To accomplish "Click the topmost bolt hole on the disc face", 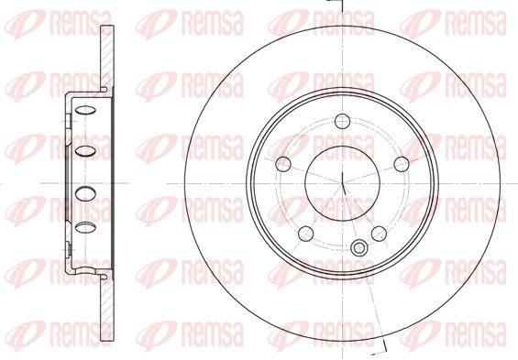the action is (x=342, y=121).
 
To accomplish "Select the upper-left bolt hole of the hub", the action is (x=283, y=164).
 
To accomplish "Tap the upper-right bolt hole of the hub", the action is (x=402, y=164).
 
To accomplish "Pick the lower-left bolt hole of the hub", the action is (x=305, y=234).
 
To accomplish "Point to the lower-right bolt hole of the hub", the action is (x=379, y=234).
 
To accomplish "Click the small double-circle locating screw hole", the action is (x=358, y=247).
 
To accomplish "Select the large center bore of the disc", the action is (x=342, y=183).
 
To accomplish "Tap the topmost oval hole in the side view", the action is (x=85, y=110).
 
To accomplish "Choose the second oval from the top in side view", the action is (x=85, y=151).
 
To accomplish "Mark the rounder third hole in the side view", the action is (x=85, y=193).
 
